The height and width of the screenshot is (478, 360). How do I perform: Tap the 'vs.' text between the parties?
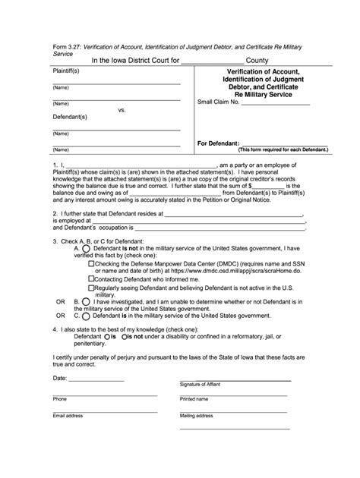(x=122, y=110)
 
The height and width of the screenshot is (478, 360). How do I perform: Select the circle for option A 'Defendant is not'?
(x=85, y=247)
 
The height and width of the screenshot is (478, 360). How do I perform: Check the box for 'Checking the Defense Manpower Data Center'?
(x=91, y=264)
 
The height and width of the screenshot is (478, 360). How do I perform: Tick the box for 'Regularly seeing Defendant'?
(x=91, y=288)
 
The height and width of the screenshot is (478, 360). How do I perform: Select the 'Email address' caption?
(x=68, y=416)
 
